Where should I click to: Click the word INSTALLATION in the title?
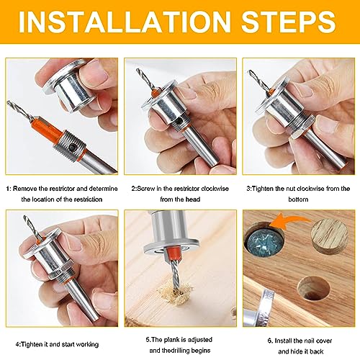tap(125, 22)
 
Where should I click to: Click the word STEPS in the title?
tap(289, 22)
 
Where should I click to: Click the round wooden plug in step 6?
tap(329, 236)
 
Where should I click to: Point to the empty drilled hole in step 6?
tap(313, 288)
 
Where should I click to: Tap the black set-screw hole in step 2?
tap(179, 122)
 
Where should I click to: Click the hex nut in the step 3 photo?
tap(302, 125)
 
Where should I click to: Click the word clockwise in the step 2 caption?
tap(215, 189)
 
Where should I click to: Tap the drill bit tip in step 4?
tap(25, 217)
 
